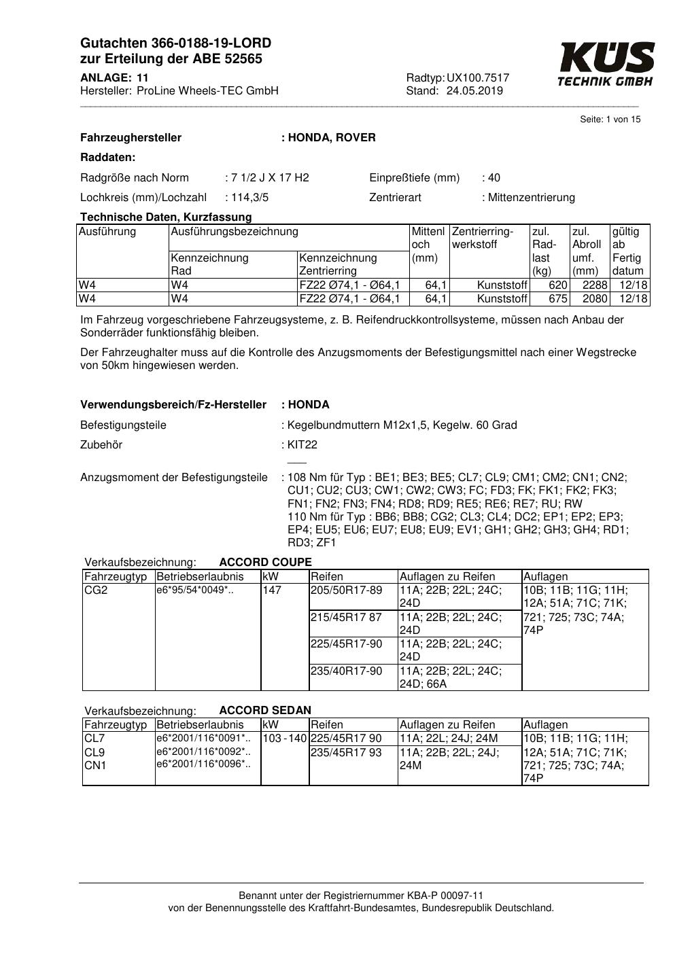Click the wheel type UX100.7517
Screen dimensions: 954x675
tap(478, 77)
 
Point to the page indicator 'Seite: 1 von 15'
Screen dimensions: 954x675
tap(610, 120)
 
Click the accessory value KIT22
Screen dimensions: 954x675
tap(302, 445)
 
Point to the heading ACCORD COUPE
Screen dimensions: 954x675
tap(265, 562)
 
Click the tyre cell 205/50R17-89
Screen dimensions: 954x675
tap(347, 590)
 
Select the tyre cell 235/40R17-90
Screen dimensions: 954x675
tap(347, 671)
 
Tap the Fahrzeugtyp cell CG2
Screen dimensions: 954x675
tap(96, 590)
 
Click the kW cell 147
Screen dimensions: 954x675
tap(272, 590)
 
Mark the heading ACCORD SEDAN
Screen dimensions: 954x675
tap(265, 710)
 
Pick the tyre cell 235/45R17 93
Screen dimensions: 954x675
tap(346, 752)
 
